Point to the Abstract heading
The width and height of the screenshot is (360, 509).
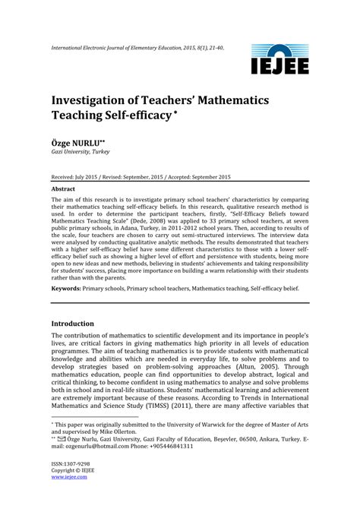(63, 188)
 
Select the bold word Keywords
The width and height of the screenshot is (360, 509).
(70, 289)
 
